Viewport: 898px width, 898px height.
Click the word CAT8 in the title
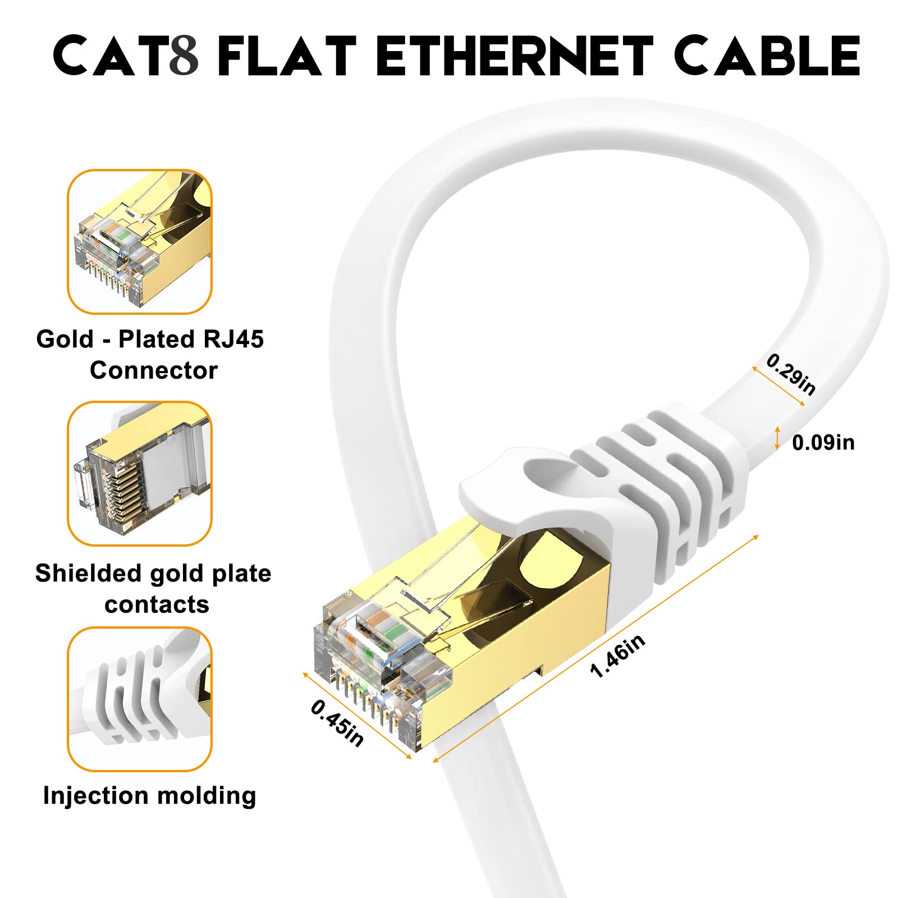(126, 56)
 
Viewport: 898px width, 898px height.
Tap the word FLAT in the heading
(286, 56)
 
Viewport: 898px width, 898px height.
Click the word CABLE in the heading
(767, 56)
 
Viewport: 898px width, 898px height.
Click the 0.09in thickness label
(823, 443)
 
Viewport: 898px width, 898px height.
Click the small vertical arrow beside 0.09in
(777, 438)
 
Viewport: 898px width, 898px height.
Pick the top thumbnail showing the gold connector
(140, 241)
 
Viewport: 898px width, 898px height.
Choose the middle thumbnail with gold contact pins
(140, 473)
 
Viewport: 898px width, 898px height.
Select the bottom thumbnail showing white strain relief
(140, 699)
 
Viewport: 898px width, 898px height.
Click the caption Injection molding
(149, 796)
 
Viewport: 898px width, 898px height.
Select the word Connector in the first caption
(153, 370)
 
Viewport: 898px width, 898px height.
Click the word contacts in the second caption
(157, 604)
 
